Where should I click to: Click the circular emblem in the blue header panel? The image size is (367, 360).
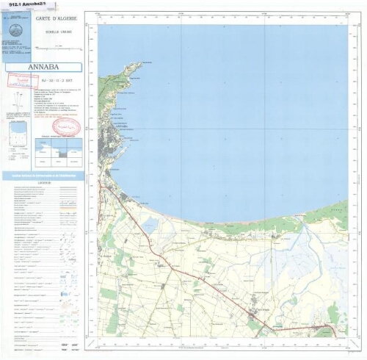(x=17, y=32)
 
